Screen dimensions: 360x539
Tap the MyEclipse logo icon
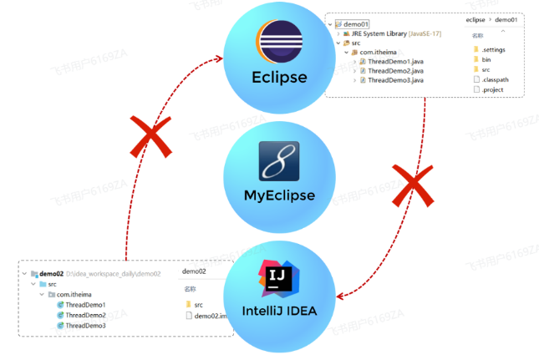click(x=279, y=163)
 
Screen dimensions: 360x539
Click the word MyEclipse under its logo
click(x=279, y=197)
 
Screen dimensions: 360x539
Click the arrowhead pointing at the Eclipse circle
click(x=221, y=58)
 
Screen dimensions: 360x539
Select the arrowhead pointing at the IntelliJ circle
click(x=338, y=297)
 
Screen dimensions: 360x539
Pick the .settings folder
click(x=493, y=49)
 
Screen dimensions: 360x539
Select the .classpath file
click(x=496, y=79)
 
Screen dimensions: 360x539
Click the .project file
click(x=494, y=89)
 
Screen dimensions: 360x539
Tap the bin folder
click(x=486, y=59)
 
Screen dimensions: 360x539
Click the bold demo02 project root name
click(x=51, y=274)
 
